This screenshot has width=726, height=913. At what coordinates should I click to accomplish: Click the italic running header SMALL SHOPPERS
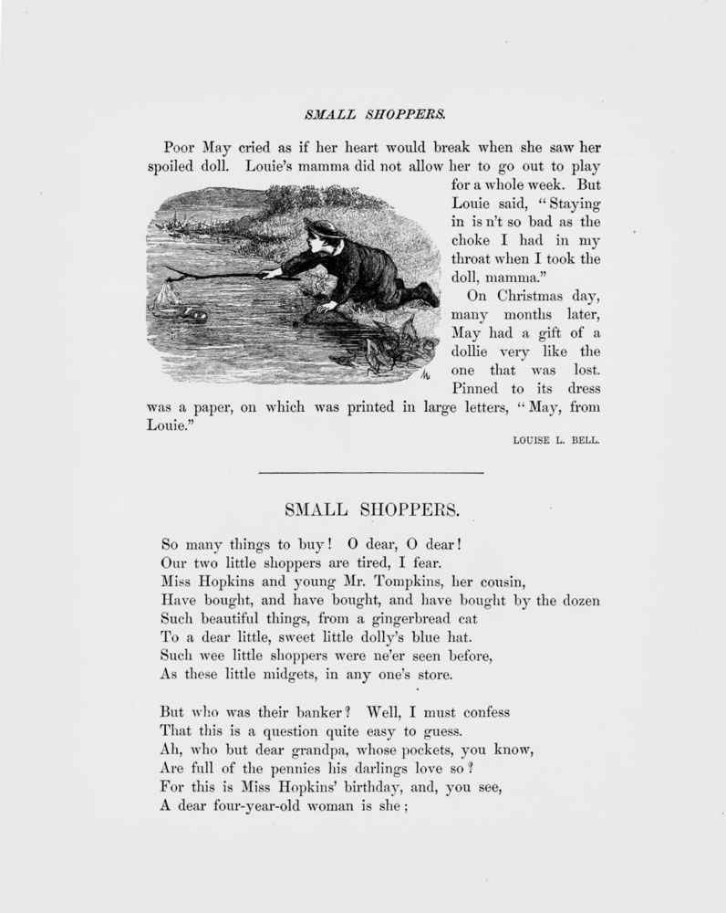point(362,115)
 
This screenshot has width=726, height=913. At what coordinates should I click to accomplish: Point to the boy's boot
point(425,294)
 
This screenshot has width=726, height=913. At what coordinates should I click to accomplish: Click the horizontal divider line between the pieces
point(370,472)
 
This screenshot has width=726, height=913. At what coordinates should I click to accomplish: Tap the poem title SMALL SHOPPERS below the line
point(364,508)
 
